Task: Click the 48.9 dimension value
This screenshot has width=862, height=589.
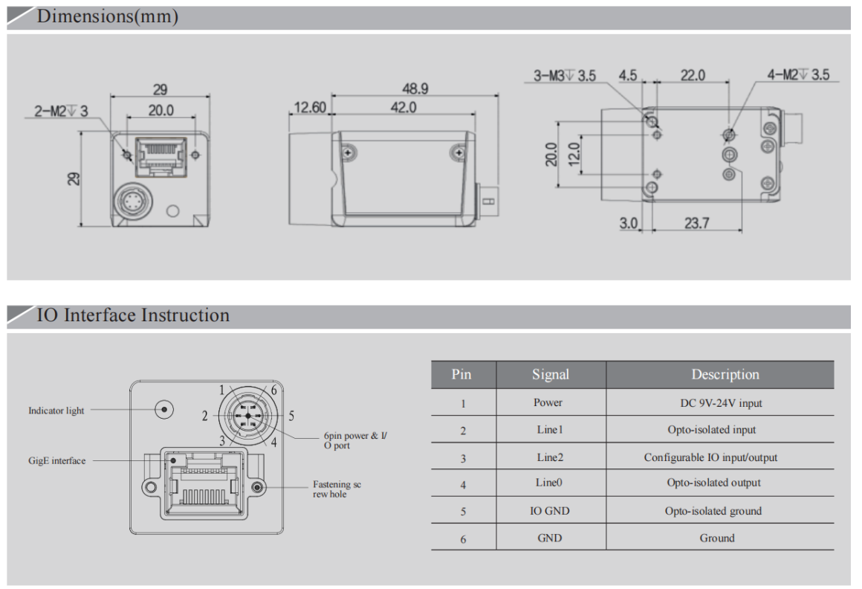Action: pos(415,88)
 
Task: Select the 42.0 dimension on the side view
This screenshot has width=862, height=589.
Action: pos(404,108)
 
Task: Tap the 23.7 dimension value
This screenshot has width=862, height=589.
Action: pos(696,222)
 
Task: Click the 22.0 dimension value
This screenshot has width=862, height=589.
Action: pos(693,75)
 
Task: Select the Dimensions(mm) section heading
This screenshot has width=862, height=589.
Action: pos(108,17)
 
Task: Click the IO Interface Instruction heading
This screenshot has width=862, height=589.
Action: pos(133,315)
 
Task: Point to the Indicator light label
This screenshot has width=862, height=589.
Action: pos(56,411)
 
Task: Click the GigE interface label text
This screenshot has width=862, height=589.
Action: pos(57,461)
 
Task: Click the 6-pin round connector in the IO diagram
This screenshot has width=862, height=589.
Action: pos(247,415)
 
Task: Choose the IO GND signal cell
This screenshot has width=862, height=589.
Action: pos(550,511)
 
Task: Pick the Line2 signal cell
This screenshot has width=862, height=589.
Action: pos(550,457)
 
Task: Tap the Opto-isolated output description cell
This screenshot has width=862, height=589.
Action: pos(713,483)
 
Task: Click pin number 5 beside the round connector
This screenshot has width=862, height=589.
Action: pos(292,415)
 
